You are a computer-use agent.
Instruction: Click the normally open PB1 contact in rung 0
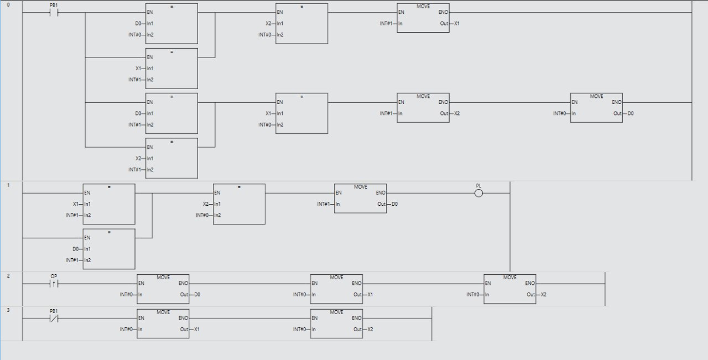click(x=54, y=13)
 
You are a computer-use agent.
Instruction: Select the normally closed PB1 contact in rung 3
click(x=54, y=319)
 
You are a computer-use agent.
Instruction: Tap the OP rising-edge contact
click(x=54, y=284)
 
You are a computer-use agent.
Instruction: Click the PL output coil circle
click(x=478, y=193)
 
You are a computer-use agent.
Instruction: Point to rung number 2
click(x=8, y=275)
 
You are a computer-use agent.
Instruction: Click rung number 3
click(x=8, y=310)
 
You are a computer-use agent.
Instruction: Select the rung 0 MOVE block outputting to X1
click(x=423, y=18)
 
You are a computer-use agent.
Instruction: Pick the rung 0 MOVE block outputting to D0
click(x=596, y=108)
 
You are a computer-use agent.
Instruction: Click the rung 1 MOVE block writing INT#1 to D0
click(x=360, y=199)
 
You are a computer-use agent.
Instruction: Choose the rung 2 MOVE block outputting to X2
click(x=510, y=289)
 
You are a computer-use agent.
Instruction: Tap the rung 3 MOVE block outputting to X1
click(x=163, y=324)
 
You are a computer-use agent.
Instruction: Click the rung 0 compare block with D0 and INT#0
click(x=171, y=24)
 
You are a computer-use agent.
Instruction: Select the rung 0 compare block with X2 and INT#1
click(x=171, y=158)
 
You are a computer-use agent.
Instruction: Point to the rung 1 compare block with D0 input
click(x=109, y=249)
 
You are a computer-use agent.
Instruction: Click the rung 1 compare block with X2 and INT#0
click(x=239, y=204)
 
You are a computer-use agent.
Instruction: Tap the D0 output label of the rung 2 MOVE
click(x=197, y=295)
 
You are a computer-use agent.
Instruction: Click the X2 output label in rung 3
click(x=370, y=330)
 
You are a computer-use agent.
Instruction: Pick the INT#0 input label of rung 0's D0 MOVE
click(x=559, y=113)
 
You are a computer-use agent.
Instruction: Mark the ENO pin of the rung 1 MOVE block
click(x=381, y=193)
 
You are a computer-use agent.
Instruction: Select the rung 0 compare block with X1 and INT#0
click(x=301, y=113)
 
